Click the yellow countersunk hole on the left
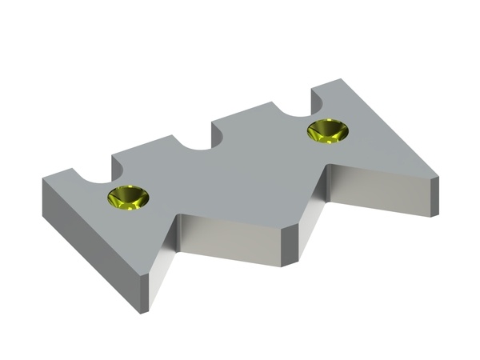coord(129,197)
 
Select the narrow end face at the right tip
coord(436,196)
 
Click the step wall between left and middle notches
coord(114,164)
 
